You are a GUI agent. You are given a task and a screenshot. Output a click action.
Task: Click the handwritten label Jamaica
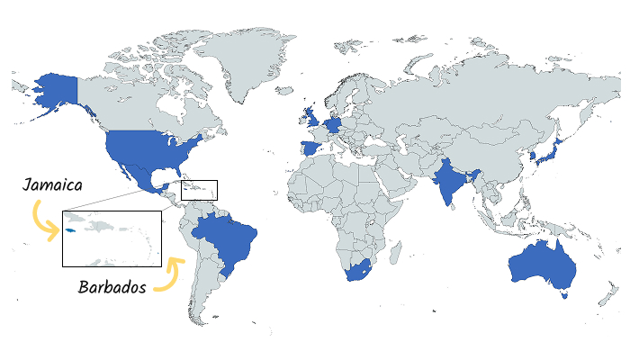click(53, 186)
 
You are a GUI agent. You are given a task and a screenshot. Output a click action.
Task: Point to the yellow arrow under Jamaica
click(40, 221)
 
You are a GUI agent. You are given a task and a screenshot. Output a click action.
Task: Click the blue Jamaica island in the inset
click(70, 230)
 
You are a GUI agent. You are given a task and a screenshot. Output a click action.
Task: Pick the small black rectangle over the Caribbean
click(199, 190)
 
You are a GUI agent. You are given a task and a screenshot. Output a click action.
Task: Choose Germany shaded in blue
click(335, 124)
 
